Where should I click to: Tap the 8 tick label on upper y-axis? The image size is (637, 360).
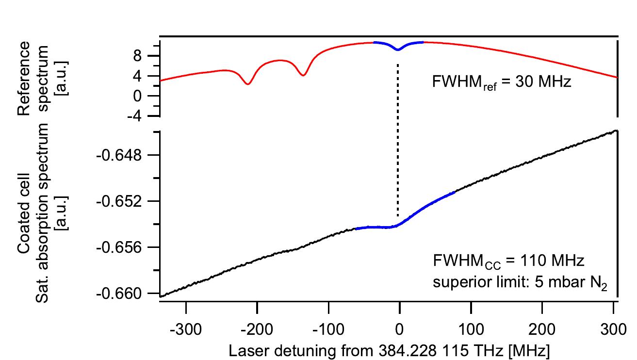pyautogui.click(x=143, y=56)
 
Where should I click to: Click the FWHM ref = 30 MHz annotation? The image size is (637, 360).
pyautogui.click(x=502, y=82)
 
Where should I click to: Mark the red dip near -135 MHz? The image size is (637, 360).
pyautogui.click(x=303, y=75)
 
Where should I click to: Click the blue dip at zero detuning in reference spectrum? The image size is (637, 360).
pyautogui.click(x=398, y=49)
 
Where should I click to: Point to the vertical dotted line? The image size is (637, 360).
pyautogui.click(x=398, y=141)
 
